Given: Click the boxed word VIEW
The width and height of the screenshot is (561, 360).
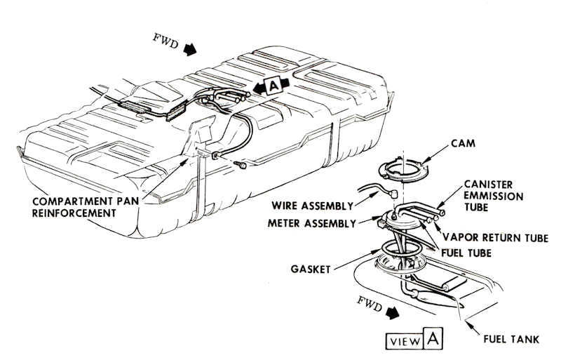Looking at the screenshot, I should pos(404,342).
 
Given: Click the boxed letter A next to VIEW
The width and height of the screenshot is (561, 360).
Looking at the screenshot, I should pos(433,341).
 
